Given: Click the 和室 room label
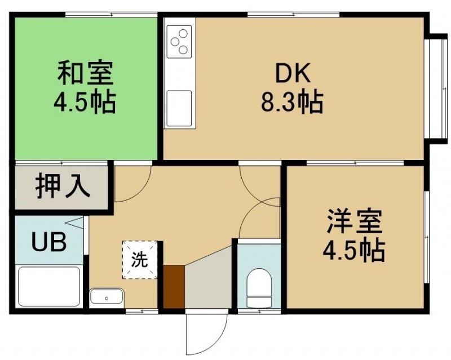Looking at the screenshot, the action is tap(85, 73).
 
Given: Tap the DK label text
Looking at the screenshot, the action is tap(293, 73).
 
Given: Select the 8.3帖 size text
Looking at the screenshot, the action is tap(292, 102).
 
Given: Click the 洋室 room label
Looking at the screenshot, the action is tap(355, 222).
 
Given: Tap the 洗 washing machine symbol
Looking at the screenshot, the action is tap(140, 260).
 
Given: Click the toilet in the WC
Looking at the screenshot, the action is tap(259, 288).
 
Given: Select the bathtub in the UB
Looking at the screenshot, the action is tap(49, 286).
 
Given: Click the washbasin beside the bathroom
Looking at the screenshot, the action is tap(107, 296).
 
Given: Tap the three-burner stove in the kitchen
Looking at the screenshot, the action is tap(179, 41).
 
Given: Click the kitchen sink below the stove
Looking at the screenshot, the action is tap(179, 108).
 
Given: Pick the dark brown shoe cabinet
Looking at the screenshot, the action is tap(174, 286).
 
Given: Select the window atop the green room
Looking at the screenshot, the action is tap(111, 14).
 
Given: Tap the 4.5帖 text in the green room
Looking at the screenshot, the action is tap(85, 102).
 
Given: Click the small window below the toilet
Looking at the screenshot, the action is tap(259, 311).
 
